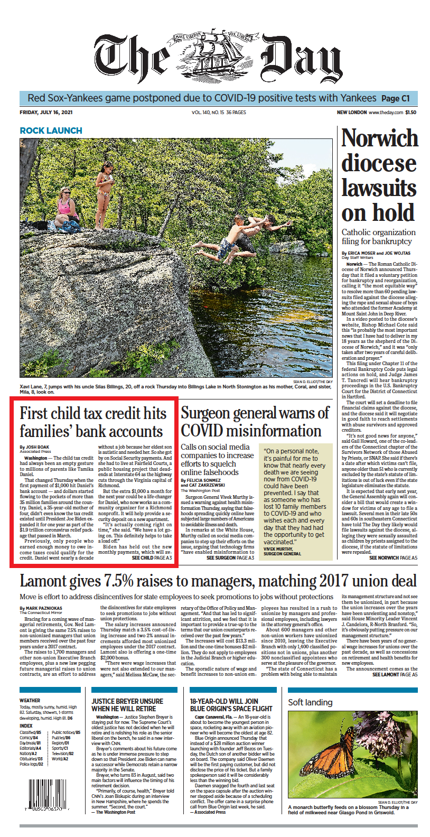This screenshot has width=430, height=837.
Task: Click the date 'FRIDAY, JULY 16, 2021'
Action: [x=46, y=113]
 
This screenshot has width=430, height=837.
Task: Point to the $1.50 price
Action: [x=411, y=113]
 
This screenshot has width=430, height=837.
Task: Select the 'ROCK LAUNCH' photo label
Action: [x=51, y=131]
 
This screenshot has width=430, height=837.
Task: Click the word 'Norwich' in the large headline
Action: [x=379, y=139]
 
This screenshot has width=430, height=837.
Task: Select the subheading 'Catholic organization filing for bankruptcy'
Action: [x=378, y=237]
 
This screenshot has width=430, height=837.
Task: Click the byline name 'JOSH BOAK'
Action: [x=36, y=448]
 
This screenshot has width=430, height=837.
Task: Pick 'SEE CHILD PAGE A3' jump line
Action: [x=152, y=558]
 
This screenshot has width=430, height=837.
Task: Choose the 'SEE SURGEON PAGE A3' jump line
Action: [x=230, y=558]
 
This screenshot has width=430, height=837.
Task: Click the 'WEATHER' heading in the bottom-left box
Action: [x=30, y=701]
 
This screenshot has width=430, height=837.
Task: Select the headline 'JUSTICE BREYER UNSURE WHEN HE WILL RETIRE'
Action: [x=127, y=705]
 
